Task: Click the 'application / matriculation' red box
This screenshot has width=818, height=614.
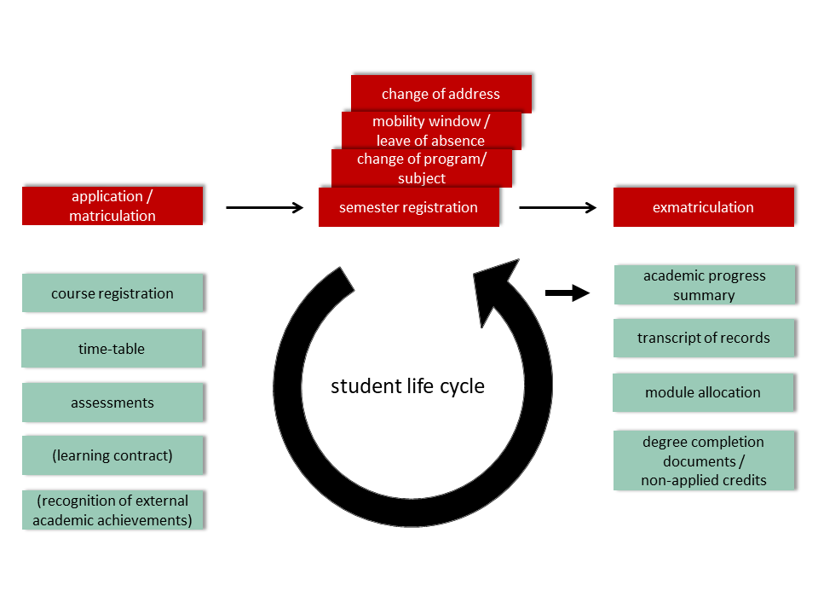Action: [112, 206]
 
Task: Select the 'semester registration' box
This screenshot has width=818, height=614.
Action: [408, 207]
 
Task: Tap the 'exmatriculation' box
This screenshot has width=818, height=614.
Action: [703, 207]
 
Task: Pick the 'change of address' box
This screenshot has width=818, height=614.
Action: [441, 93]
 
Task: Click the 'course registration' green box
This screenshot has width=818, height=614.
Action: [112, 293]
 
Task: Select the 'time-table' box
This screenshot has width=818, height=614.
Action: [112, 349]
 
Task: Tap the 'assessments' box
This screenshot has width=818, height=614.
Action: [112, 403]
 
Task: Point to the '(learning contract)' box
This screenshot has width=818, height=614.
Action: [112, 455]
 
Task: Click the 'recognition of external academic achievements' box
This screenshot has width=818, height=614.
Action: [112, 510]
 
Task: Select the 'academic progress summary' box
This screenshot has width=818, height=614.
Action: [704, 285]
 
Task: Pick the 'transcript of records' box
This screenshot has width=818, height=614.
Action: [704, 338]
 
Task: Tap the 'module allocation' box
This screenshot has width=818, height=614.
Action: [704, 392]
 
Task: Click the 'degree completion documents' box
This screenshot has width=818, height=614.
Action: [704, 460]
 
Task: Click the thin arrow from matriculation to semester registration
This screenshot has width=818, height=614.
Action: [264, 207]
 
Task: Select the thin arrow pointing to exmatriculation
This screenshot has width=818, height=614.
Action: [557, 207]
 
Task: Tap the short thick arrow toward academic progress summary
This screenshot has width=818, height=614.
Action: [567, 293]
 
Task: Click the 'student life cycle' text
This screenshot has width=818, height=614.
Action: [407, 386]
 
